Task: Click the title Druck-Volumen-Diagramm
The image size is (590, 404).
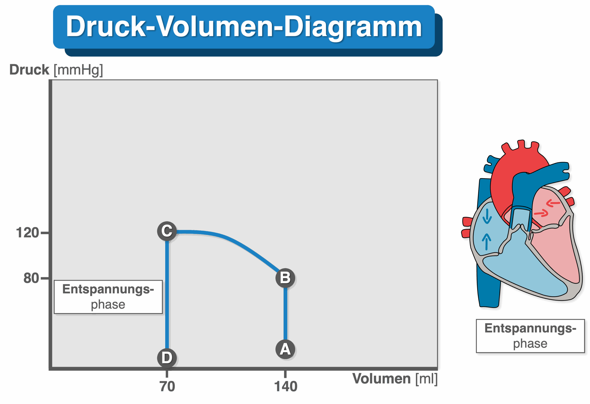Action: click(244, 27)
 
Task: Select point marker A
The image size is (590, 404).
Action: click(285, 349)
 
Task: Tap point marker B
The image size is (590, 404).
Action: click(285, 278)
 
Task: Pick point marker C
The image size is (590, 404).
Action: click(167, 231)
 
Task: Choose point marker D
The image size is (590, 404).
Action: click(167, 358)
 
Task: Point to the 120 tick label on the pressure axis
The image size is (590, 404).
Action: click(27, 232)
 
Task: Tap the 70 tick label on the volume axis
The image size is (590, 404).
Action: click(167, 386)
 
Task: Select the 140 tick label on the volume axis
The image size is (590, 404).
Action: click(286, 386)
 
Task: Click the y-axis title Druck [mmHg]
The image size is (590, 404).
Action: click(56, 70)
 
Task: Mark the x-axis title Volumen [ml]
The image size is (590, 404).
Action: click(395, 379)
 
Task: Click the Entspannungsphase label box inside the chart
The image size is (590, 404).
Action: click(108, 297)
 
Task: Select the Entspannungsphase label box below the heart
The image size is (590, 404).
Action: click(530, 336)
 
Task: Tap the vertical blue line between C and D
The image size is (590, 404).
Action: click(167, 295)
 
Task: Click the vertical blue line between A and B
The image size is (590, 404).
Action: click(285, 314)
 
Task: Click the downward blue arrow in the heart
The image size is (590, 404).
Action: click(487, 216)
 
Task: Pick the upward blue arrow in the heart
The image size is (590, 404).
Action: click(487, 242)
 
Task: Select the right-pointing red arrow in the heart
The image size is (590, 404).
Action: click(541, 213)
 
